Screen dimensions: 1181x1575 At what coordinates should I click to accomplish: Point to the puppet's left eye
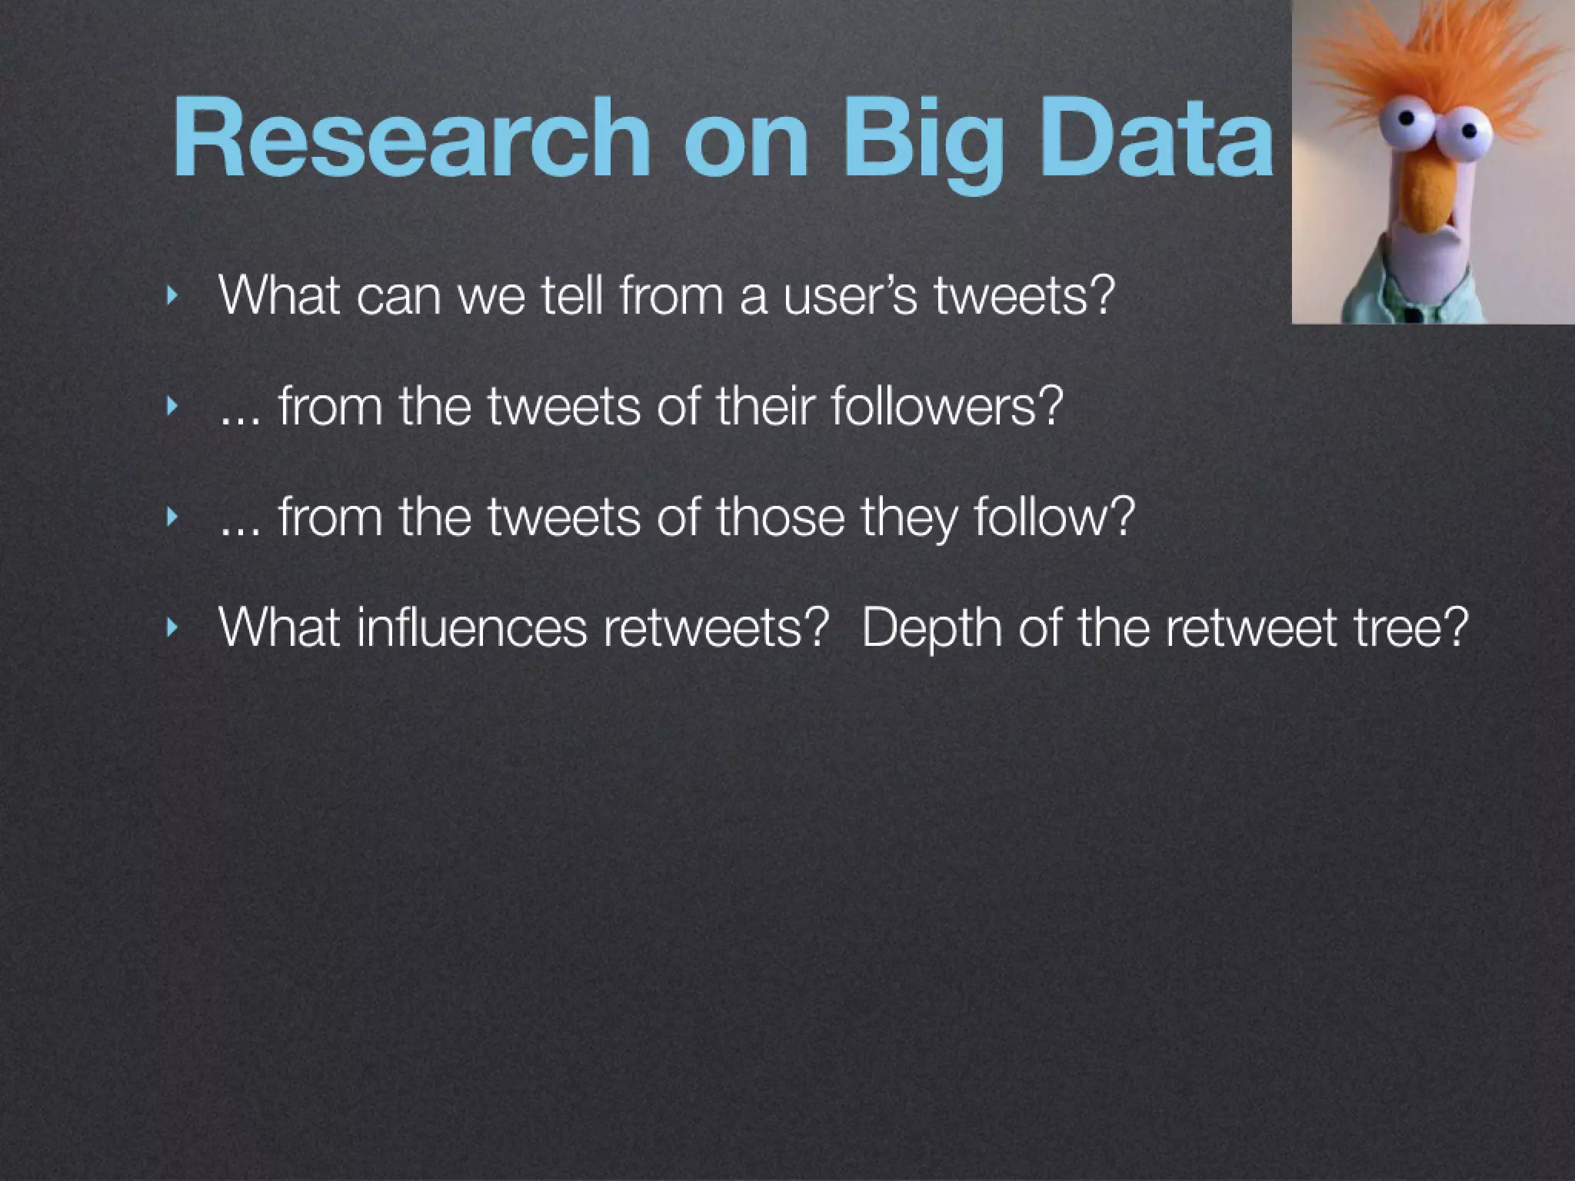[x=1407, y=123]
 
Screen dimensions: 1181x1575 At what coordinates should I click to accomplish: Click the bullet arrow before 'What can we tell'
[x=171, y=294]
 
